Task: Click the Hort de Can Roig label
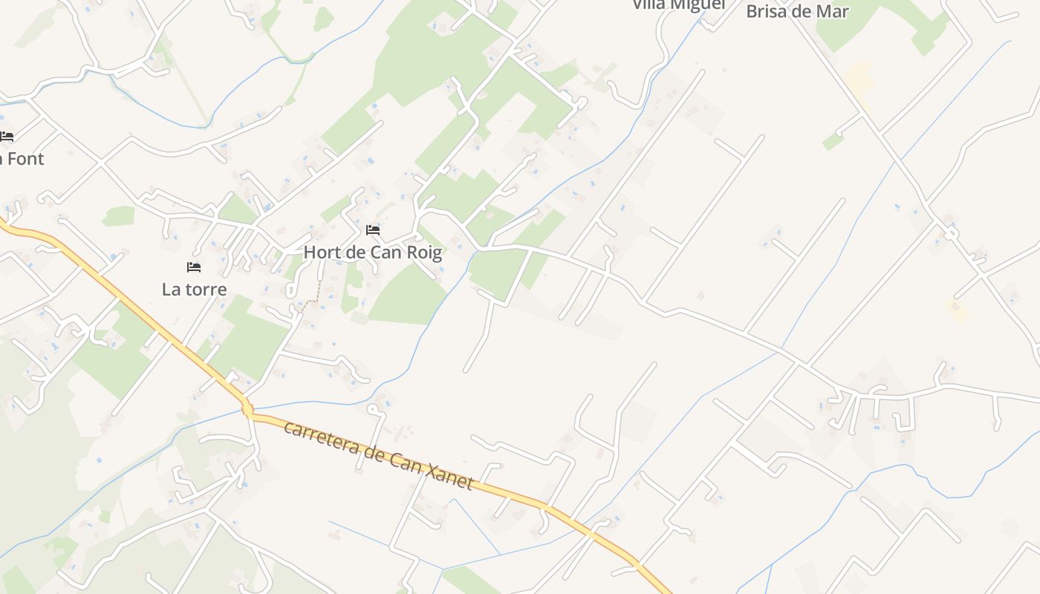tap(372, 252)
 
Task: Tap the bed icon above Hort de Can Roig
tap(373, 230)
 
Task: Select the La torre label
tap(194, 289)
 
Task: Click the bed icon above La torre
tap(194, 267)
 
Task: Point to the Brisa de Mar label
tap(797, 11)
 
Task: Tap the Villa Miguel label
tap(678, 5)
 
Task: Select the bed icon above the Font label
tap(7, 137)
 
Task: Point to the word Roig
tap(423, 252)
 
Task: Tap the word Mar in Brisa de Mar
tap(833, 11)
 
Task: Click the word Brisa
tap(770, 11)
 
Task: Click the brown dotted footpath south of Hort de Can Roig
tap(316, 294)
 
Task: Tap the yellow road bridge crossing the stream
tap(247, 408)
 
